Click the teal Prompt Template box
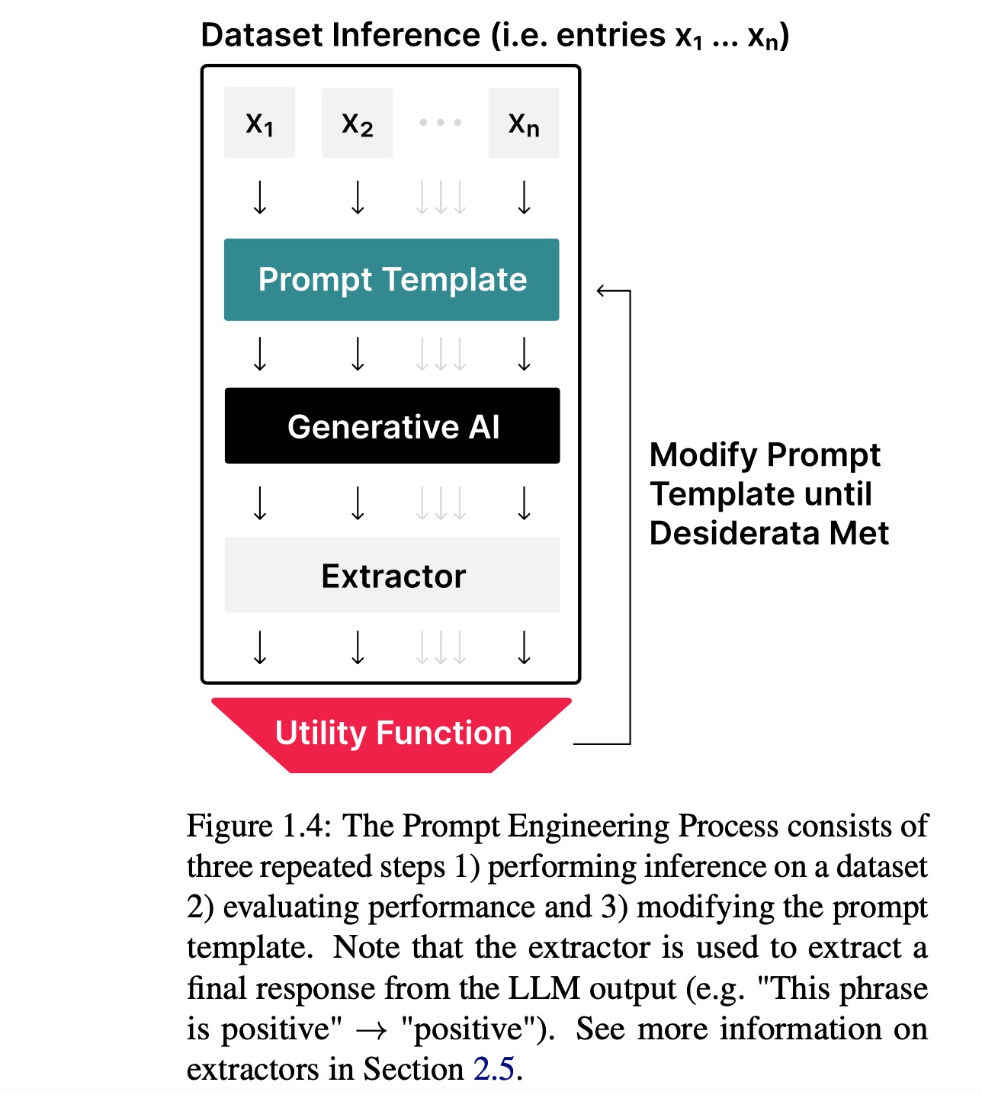coord(391,279)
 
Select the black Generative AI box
coord(392,426)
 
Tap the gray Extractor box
coord(392,575)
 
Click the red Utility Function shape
coord(392,734)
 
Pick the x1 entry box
coord(259,123)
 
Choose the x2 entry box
coord(357,123)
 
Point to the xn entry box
coord(523,123)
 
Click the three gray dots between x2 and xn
coord(440,122)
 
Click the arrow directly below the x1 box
coord(260,197)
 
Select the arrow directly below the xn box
coord(524,197)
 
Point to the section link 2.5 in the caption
coord(494,1069)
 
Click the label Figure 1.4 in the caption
coord(258,827)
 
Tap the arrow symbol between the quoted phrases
coord(372,1029)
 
